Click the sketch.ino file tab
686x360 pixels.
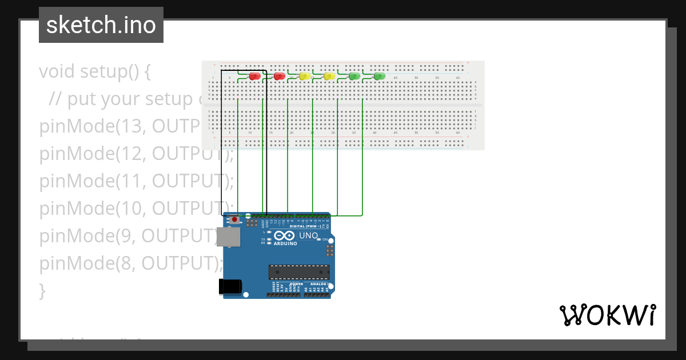pyautogui.click(x=101, y=25)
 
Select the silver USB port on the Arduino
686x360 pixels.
pyautogui.click(x=228, y=237)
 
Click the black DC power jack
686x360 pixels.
pyautogui.click(x=230, y=286)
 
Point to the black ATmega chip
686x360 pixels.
pyautogui.click(x=299, y=273)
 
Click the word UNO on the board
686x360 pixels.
pyautogui.click(x=309, y=235)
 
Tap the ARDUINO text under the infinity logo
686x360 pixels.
pyautogui.click(x=286, y=243)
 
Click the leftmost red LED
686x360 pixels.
pyautogui.click(x=254, y=77)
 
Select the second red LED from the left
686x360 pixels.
pyautogui.click(x=280, y=77)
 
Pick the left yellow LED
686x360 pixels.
pyautogui.click(x=305, y=77)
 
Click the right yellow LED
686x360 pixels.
pyautogui.click(x=329, y=77)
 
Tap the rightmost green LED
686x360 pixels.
pyautogui.click(x=379, y=77)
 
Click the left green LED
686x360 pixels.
pyautogui.click(x=354, y=77)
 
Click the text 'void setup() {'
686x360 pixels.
pyautogui.click(x=95, y=71)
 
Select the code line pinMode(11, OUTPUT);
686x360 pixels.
pyautogui.click(x=136, y=181)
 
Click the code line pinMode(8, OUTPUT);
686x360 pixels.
pyautogui.click(x=130, y=263)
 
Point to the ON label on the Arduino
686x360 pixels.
pyautogui.click(x=325, y=239)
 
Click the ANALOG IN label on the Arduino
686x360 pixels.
pyautogui.click(x=320, y=284)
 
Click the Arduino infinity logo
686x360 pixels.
pyautogui.click(x=285, y=235)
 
